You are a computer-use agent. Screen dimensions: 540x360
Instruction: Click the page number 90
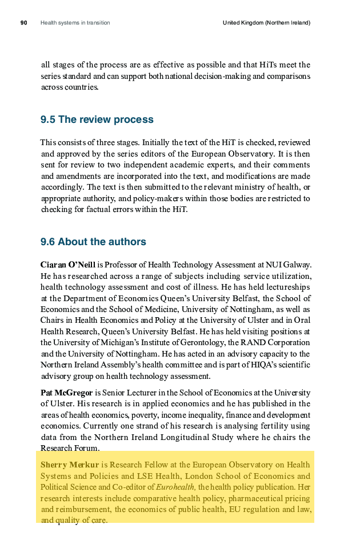24,23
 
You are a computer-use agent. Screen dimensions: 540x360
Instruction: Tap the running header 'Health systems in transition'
75,23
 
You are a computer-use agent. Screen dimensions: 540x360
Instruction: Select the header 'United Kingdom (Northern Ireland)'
266,23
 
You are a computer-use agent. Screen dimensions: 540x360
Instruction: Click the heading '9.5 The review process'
97,119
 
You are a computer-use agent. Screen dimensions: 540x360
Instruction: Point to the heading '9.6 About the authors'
93,242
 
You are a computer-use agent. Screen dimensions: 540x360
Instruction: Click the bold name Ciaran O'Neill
67,264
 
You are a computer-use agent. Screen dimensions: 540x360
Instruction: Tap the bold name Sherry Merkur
70,465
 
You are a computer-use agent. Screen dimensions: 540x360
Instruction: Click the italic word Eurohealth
175,487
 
